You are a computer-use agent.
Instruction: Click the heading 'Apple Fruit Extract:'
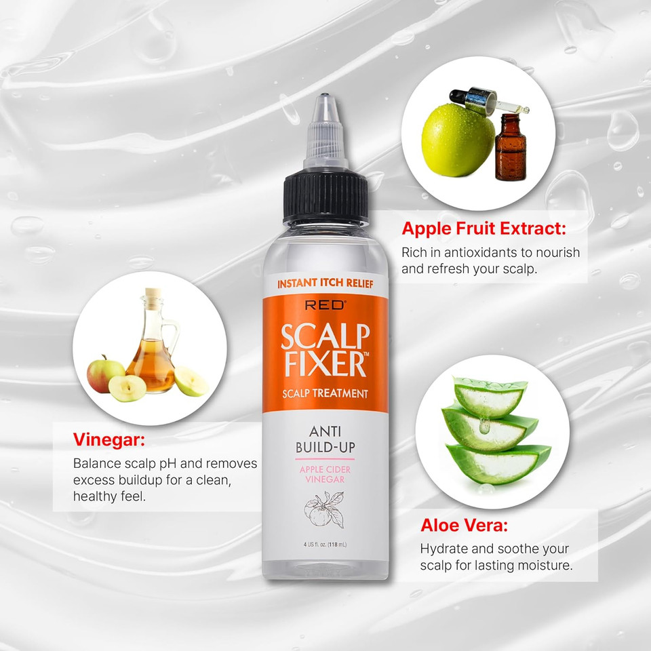tap(484, 229)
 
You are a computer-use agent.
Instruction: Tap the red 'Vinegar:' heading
tap(109, 441)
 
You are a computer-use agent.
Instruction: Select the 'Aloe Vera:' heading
tap(464, 525)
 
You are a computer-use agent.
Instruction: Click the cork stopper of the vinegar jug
tap(154, 298)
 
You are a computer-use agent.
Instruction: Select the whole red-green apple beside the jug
tap(104, 374)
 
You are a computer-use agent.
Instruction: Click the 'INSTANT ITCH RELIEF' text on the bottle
tap(325, 283)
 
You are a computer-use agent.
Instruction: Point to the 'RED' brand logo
tap(325, 305)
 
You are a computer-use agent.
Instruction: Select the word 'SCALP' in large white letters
tap(325, 337)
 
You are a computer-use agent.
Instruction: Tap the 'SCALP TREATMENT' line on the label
tap(325, 393)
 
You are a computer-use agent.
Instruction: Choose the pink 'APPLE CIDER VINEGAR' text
tap(325, 473)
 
